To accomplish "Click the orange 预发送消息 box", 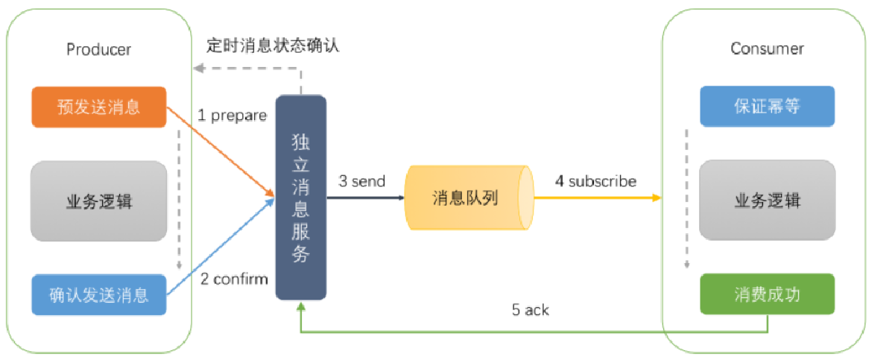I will [98, 107].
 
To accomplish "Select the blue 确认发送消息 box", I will [98, 294].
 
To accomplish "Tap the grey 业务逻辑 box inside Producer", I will [98, 200].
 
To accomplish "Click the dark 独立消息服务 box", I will [301, 198].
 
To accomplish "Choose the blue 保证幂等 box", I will [767, 106].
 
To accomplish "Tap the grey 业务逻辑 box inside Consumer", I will [767, 200].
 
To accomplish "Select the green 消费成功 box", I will [767, 294].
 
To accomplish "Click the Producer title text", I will [98, 50].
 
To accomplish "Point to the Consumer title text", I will [767, 49].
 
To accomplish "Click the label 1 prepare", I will [232, 116].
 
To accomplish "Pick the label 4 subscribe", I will [595, 181].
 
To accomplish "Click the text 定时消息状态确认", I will [273, 45].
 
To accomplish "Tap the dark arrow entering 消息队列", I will [365, 198].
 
